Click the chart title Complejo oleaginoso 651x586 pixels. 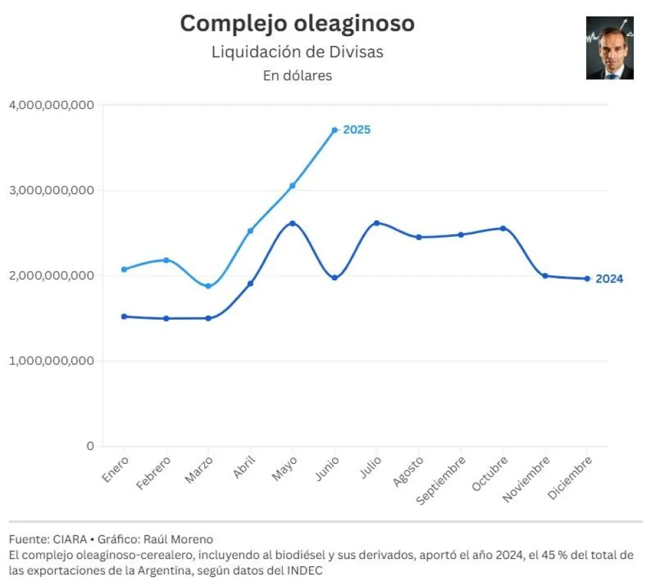point(297,24)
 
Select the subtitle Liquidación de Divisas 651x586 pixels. point(297,52)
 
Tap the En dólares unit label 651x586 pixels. point(297,75)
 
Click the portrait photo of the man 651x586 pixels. point(610,48)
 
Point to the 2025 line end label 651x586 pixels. point(357,130)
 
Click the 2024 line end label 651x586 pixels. point(610,279)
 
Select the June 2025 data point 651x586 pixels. point(335,130)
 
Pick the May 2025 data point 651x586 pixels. point(293,186)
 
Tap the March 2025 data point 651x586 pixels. point(209,286)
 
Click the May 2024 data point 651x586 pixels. point(293,223)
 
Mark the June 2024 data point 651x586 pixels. point(335,278)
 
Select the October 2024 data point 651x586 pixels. point(503,228)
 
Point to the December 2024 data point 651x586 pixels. point(587,278)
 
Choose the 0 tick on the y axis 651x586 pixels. point(90,446)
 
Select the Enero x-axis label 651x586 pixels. point(115,470)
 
